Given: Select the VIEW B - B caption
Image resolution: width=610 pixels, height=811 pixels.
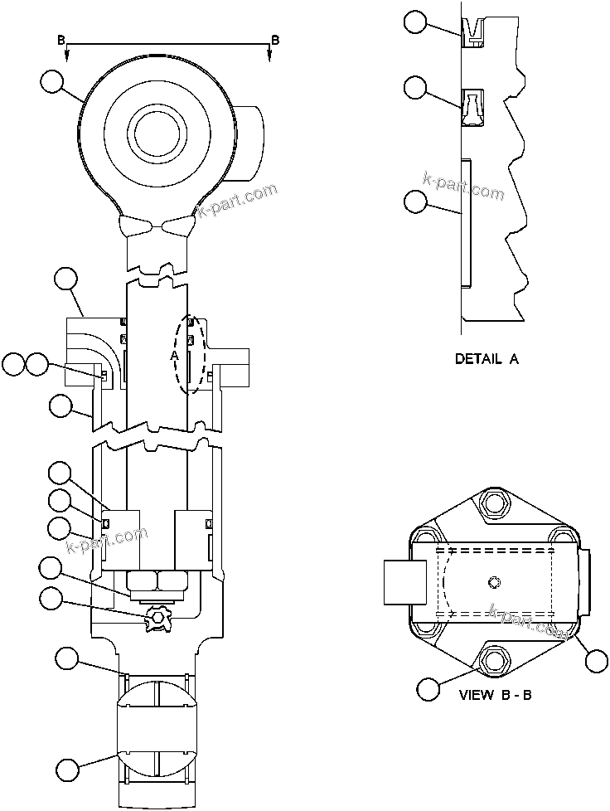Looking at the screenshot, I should tap(495, 694).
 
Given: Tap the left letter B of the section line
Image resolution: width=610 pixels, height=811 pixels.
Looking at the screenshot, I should tap(60, 40).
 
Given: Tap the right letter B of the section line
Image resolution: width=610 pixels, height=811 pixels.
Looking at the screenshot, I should tap(275, 40).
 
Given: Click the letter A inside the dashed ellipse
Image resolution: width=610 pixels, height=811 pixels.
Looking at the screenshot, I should tap(175, 354).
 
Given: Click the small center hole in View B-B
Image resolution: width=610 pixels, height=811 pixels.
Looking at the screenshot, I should tap(494, 580).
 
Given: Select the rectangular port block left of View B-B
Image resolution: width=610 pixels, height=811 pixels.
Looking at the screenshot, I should tap(405, 581).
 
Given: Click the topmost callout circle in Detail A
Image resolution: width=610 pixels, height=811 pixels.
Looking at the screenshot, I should tap(416, 22).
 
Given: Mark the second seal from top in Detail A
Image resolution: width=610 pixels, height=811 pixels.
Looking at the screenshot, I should tap(472, 108).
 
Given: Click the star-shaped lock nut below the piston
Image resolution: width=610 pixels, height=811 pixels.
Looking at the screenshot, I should tap(157, 618).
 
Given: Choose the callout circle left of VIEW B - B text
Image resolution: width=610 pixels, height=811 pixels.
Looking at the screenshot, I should tap(428, 688).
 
